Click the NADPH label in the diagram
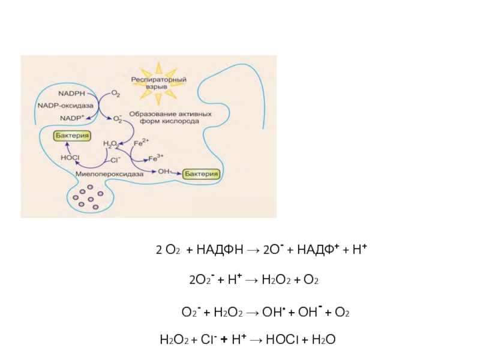pyautogui.click(x=71, y=94)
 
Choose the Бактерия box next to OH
pyautogui.click(x=202, y=173)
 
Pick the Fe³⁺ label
pyautogui.click(x=155, y=158)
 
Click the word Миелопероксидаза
pyautogui.click(x=110, y=173)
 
